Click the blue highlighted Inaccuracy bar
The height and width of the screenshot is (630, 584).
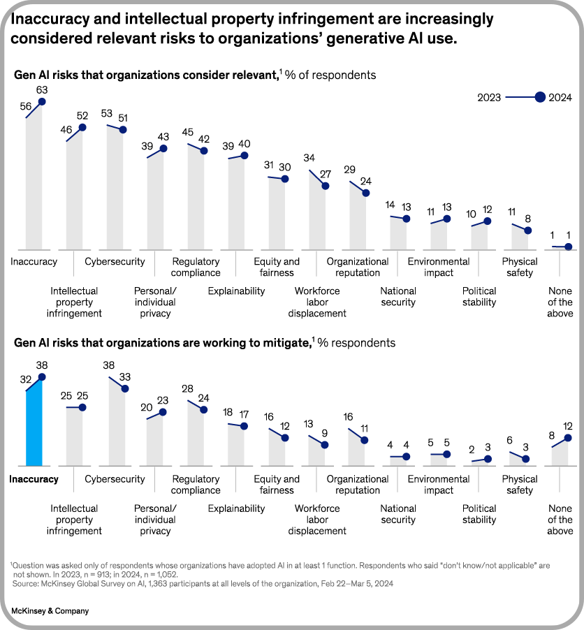[34, 423]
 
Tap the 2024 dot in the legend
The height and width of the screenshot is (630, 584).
[539, 98]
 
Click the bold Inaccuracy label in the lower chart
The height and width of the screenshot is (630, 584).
[34, 479]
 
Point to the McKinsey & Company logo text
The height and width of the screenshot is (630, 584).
[50, 611]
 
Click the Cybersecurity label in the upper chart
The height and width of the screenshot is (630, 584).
[115, 262]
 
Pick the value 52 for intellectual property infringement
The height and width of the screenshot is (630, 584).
[82, 115]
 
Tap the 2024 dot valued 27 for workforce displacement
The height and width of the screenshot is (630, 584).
[325, 186]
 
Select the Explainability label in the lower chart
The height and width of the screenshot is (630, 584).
[236, 508]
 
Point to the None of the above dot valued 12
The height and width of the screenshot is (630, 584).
[568, 438]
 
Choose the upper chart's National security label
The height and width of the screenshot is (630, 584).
[398, 297]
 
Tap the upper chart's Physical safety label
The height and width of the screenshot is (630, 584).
[520, 267]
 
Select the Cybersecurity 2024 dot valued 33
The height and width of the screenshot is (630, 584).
[124, 388]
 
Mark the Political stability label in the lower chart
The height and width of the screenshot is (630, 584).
[479, 514]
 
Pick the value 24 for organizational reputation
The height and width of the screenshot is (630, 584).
[365, 180]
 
